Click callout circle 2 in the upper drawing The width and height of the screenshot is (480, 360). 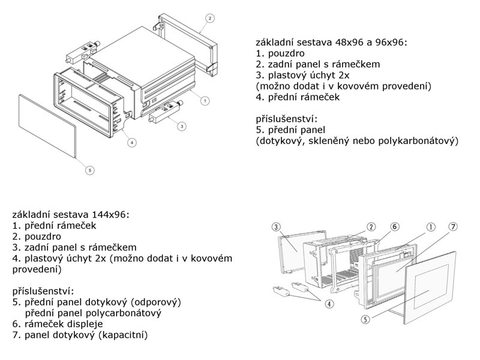click(x=209, y=18)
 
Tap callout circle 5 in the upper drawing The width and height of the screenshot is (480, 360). click(x=89, y=170)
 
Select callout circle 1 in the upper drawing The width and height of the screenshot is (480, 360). click(x=205, y=101)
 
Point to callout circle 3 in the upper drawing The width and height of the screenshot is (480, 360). click(x=182, y=125)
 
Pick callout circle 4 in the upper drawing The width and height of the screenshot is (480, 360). click(x=131, y=142)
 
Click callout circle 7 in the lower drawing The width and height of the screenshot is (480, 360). click(x=454, y=227)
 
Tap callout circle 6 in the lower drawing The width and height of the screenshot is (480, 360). click(x=394, y=227)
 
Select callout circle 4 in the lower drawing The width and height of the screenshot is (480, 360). click(x=329, y=304)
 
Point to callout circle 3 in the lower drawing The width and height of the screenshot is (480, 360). click(x=275, y=227)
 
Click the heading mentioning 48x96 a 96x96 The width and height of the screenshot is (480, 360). click(x=331, y=43)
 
